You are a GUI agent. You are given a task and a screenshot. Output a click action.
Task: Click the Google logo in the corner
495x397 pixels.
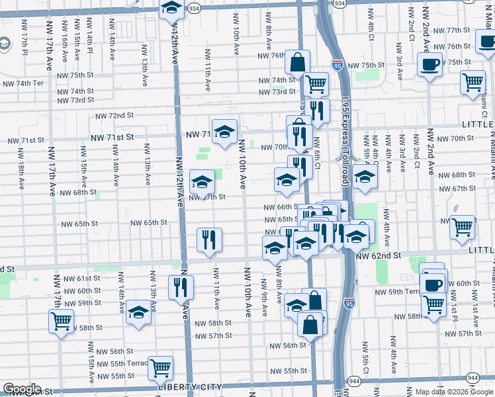(21, 389)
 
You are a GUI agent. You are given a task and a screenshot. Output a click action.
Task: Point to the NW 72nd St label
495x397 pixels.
(114, 115)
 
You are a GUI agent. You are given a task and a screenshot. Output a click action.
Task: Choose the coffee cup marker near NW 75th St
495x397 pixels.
(429, 65)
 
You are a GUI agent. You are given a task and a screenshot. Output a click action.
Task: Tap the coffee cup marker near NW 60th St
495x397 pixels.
(433, 285)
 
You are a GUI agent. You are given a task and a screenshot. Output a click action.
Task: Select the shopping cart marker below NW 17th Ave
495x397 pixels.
(61, 322)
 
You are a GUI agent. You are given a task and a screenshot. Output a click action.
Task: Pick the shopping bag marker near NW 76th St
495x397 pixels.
(298, 63)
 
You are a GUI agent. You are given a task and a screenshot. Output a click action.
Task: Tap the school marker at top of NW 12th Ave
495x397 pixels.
(172, 9)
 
